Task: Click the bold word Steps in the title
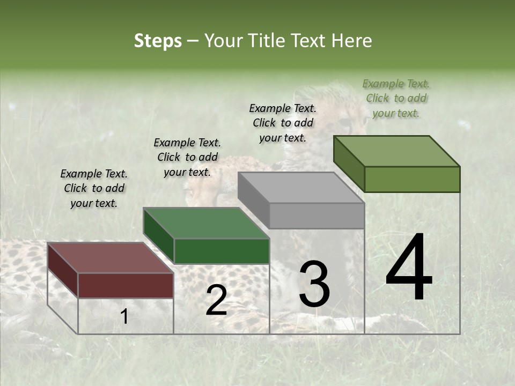158,41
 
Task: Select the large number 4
409,268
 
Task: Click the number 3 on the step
314,284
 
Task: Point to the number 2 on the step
216,300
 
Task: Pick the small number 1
124,317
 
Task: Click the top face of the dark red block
110,258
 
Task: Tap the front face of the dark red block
126,285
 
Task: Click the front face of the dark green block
222,251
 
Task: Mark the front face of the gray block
317,216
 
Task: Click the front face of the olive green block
412,179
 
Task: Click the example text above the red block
94,188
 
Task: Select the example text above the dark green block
187,157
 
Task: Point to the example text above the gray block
283,123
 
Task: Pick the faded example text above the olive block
396,98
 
